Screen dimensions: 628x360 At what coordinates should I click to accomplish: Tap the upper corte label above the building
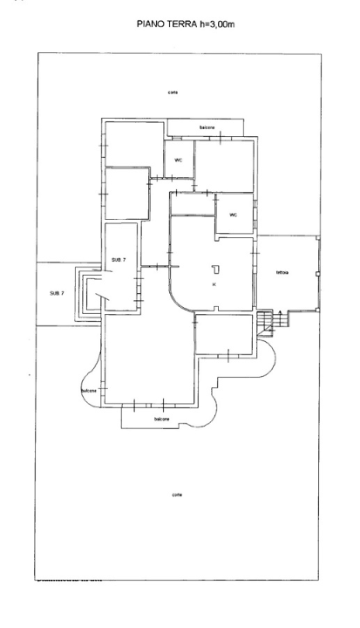pyautogui.click(x=174, y=92)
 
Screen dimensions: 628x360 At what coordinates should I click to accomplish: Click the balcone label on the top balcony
pyautogui.click(x=207, y=128)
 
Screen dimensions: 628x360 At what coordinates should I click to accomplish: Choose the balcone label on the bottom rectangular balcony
pyautogui.click(x=161, y=420)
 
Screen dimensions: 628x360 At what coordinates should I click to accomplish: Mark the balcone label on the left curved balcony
pyautogui.click(x=89, y=391)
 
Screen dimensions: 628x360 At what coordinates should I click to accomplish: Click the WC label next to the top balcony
pyautogui.click(x=179, y=160)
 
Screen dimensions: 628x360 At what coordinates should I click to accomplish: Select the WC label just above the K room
pyautogui.click(x=234, y=215)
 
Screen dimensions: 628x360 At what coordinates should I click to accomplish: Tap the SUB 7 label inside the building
pyautogui.click(x=119, y=260)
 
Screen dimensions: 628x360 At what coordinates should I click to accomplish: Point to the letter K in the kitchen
pyautogui.click(x=213, y=285)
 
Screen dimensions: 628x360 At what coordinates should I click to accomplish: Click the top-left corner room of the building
pyautogui.click(x=133, y=144)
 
